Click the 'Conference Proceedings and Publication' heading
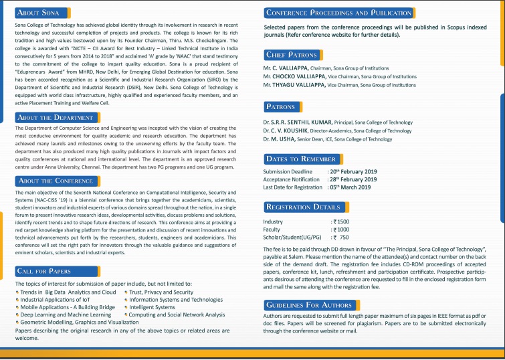[339, 13]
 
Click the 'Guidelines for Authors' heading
[308, 305]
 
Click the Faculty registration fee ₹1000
[341, 230]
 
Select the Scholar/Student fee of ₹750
[340, 238]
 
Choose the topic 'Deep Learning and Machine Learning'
[66, 314]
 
